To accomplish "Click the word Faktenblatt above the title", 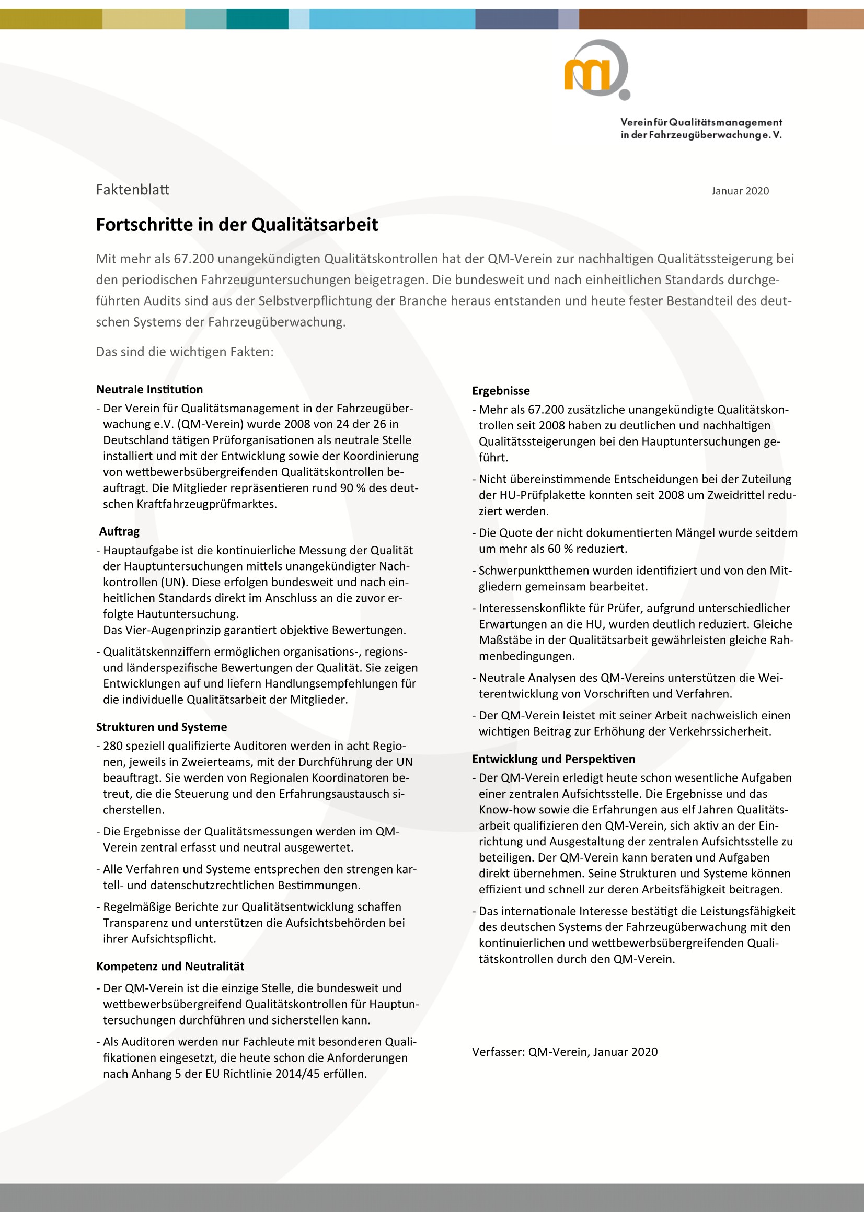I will tap(133, 190).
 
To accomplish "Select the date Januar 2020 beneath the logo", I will tap(740, 191).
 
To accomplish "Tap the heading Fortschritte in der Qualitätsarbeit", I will tap(237, 225).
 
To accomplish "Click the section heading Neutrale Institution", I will tap(149, 389).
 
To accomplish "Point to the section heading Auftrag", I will tap(119, 531).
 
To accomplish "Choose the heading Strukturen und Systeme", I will tap(162, 727).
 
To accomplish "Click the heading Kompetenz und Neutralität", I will tap(170, 966).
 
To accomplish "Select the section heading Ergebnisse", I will tap(500, 391).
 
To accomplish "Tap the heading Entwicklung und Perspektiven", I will tap(553, 759).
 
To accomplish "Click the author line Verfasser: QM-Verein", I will tap(565, 1052).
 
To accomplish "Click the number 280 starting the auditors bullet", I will tap(113, 746).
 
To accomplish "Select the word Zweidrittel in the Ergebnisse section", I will tap(737, 495).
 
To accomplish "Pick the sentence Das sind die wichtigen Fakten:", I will tap(185, 352).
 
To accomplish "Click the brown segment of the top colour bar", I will tap(692, 19).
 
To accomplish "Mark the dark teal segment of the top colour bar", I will tap(257, 19).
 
